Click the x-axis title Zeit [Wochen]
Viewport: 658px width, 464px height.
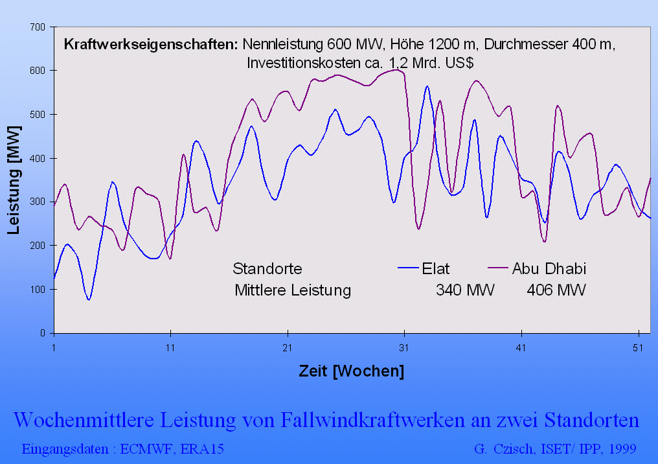pos(351,371)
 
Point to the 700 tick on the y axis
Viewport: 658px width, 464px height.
pos(38,27)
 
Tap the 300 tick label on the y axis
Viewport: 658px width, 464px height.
pos(38,202)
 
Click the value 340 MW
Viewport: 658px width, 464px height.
pos(465,290)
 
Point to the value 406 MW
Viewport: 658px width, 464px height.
pos(556,290)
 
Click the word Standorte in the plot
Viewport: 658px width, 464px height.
pos(267,268)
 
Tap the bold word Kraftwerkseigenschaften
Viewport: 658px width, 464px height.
pos(150,45)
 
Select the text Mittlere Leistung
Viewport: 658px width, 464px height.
pos(293,290)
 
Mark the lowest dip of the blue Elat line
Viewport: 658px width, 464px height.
pos(89,299)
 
